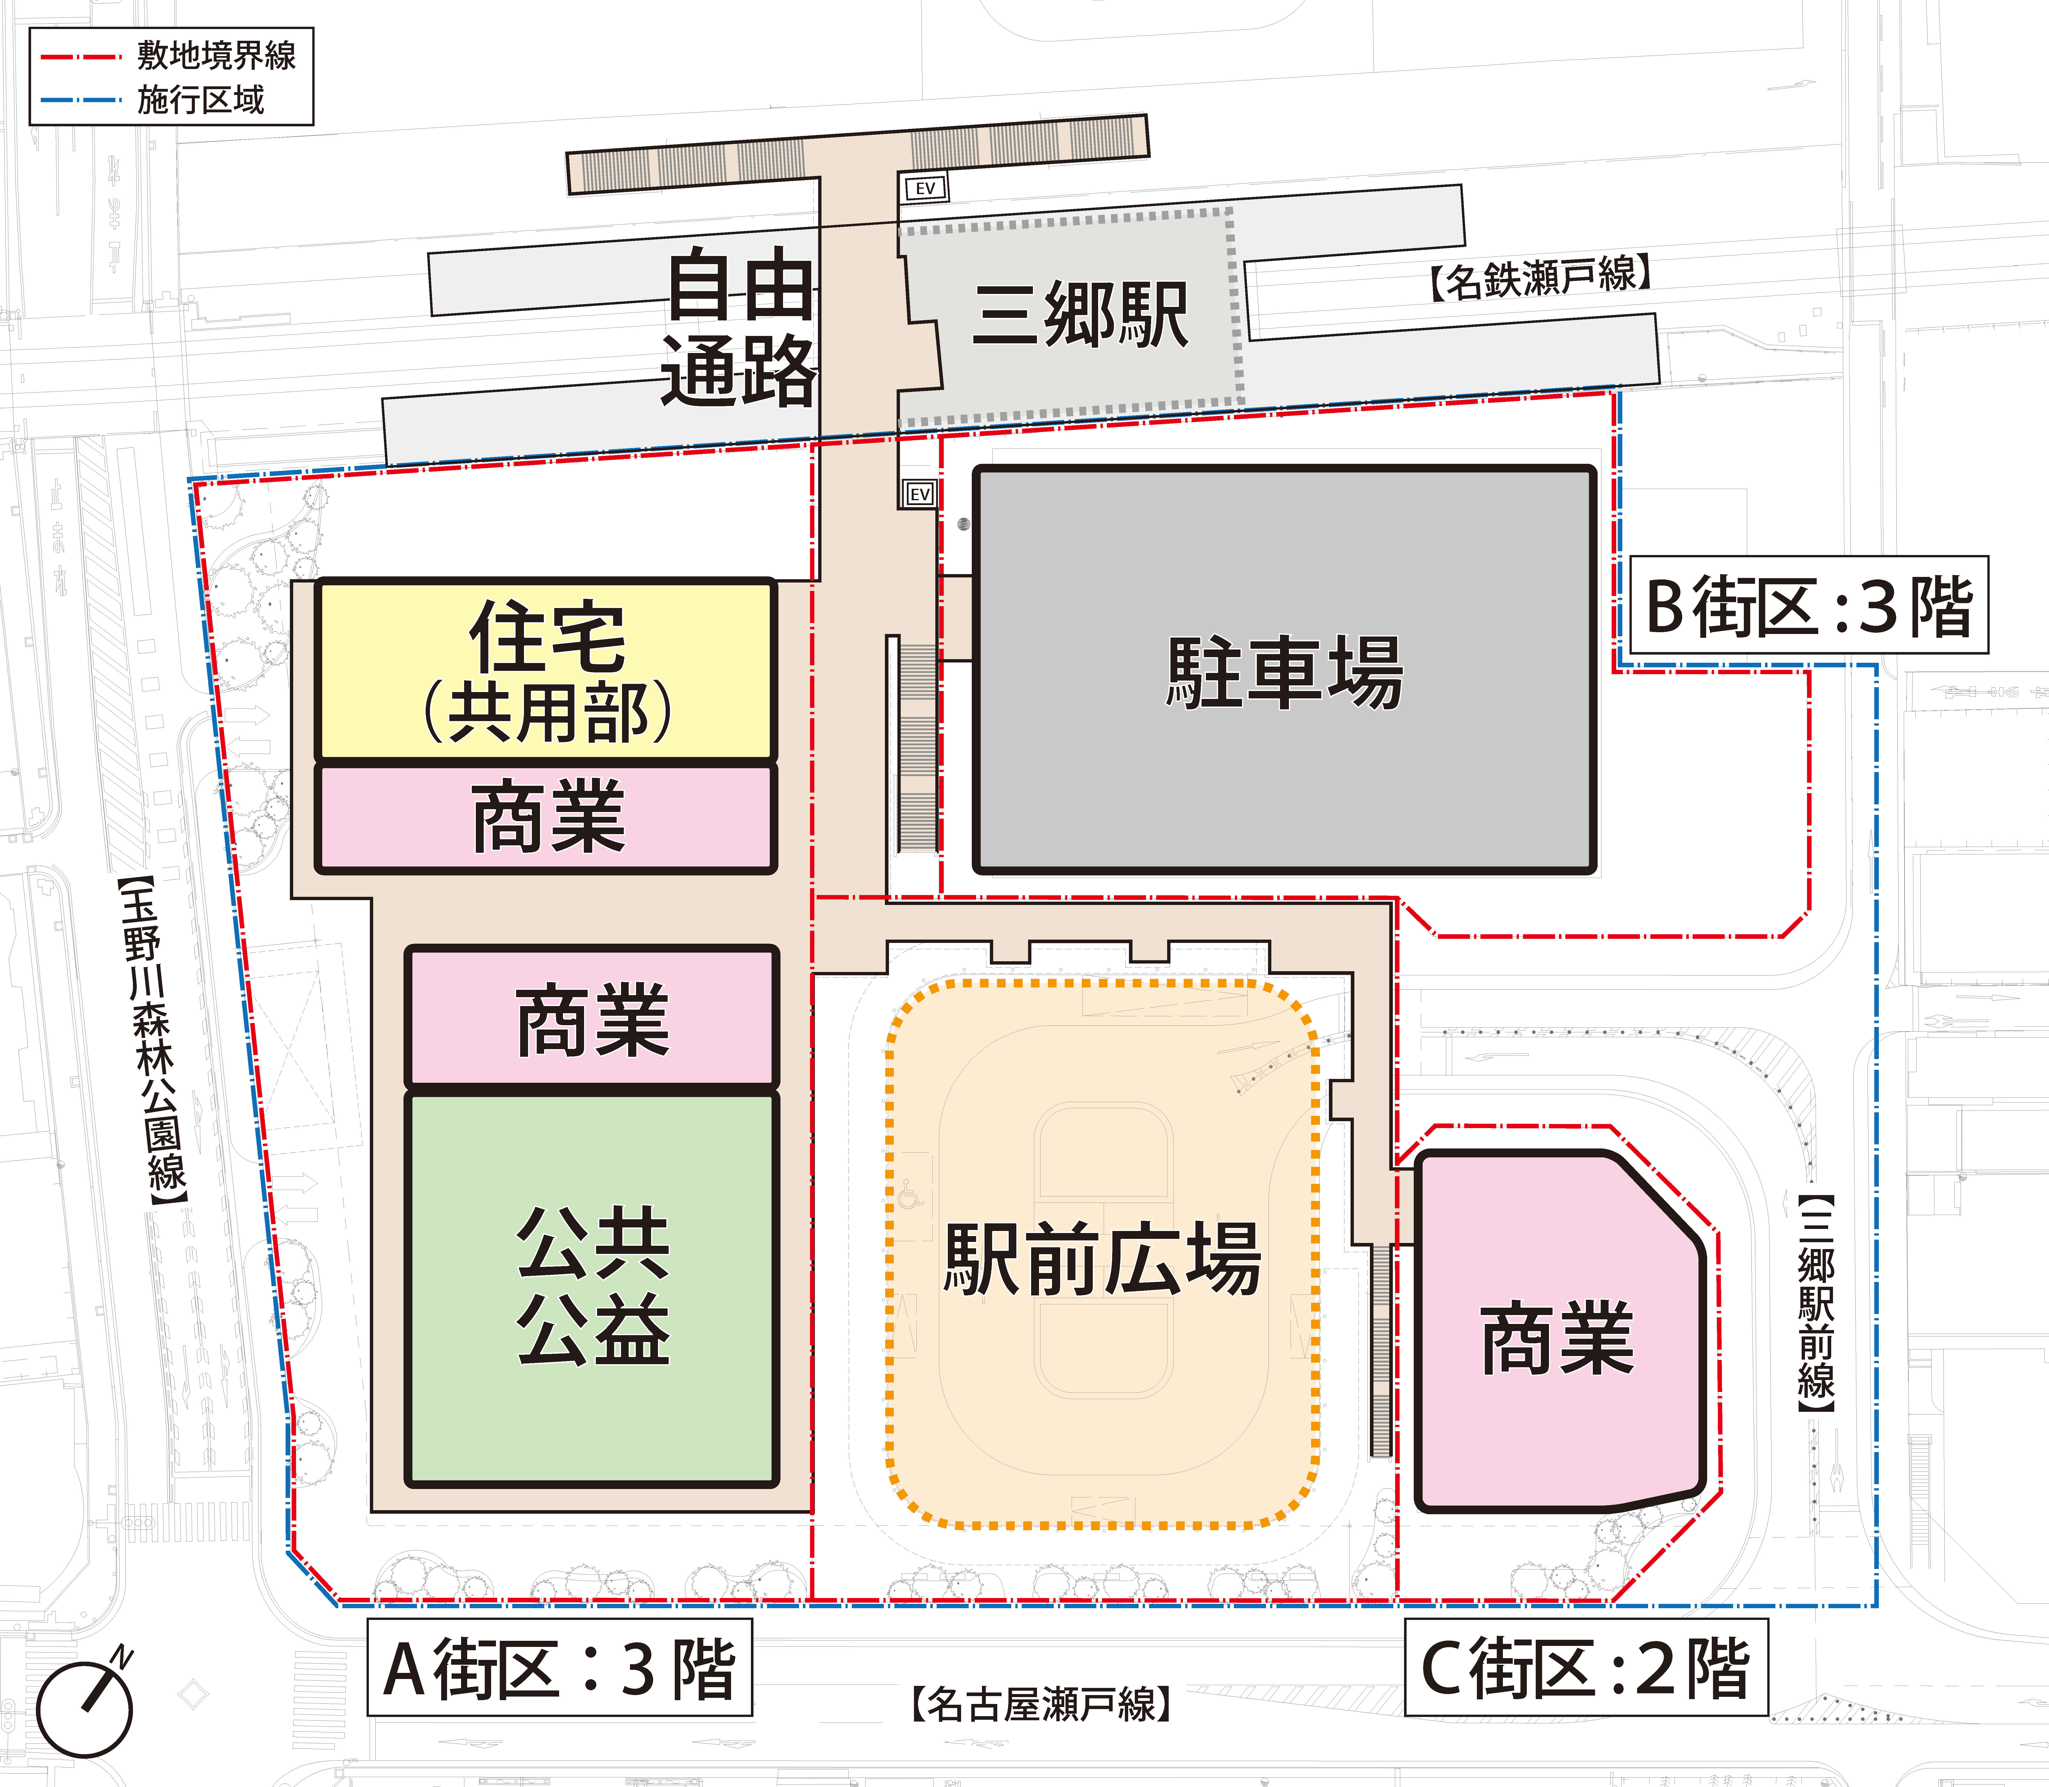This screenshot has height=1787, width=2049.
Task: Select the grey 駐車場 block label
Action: click(1284, 673)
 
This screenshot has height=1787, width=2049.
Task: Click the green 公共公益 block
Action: click(592, 1288)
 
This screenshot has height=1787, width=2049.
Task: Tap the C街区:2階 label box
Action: click(1585, 1667)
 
